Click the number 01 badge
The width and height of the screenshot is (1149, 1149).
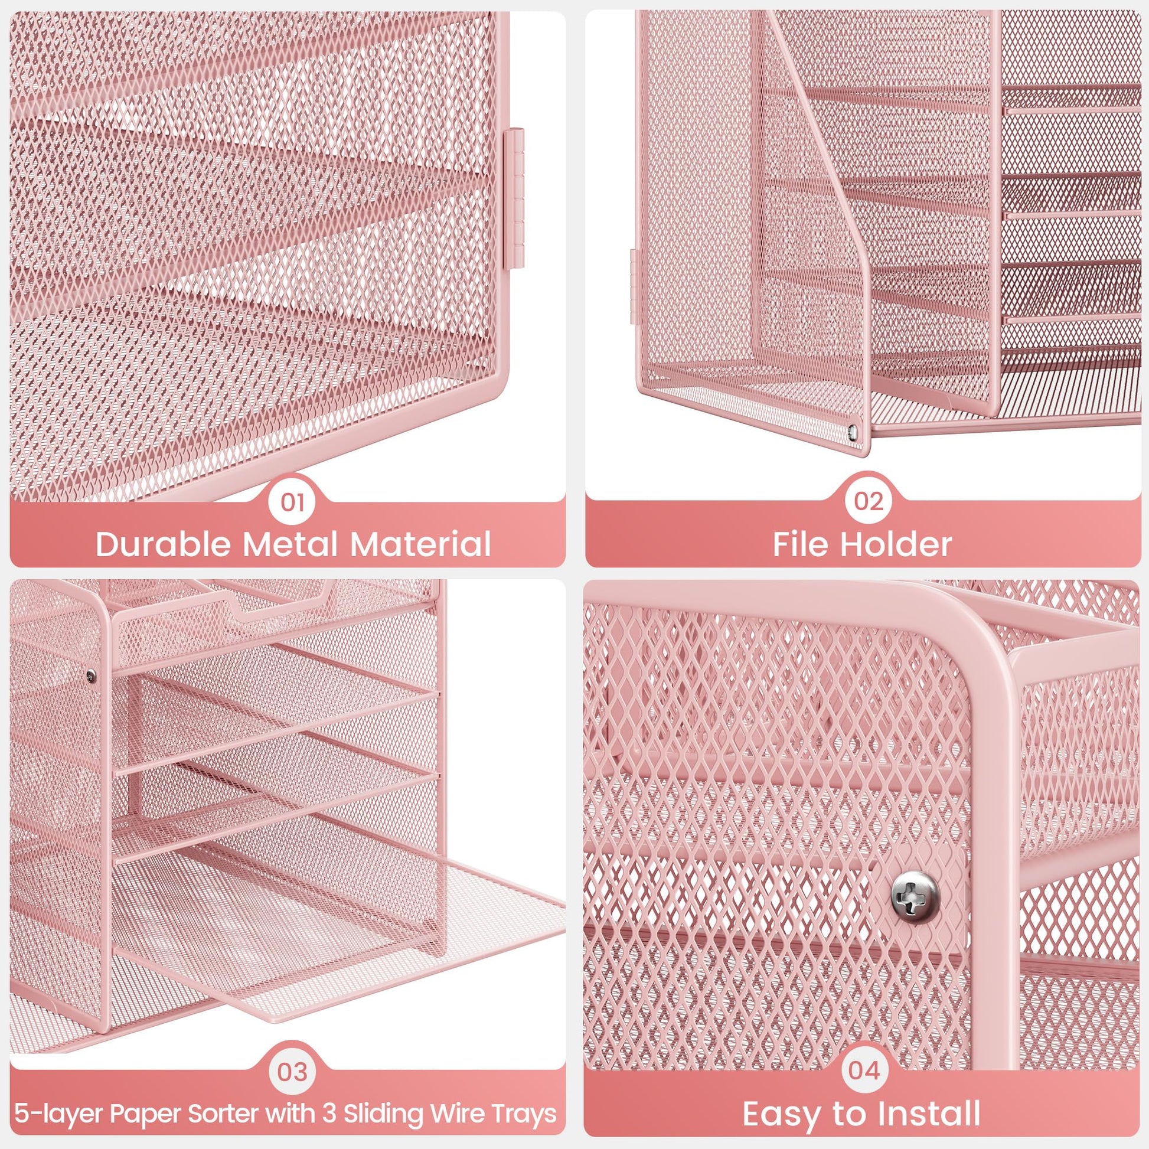[292, 502]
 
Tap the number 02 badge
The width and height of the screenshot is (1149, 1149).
[869, 501]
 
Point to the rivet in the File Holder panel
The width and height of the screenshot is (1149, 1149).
[854, 430]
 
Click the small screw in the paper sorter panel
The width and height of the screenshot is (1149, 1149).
[90, 674]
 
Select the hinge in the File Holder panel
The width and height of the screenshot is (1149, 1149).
[633, 286]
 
